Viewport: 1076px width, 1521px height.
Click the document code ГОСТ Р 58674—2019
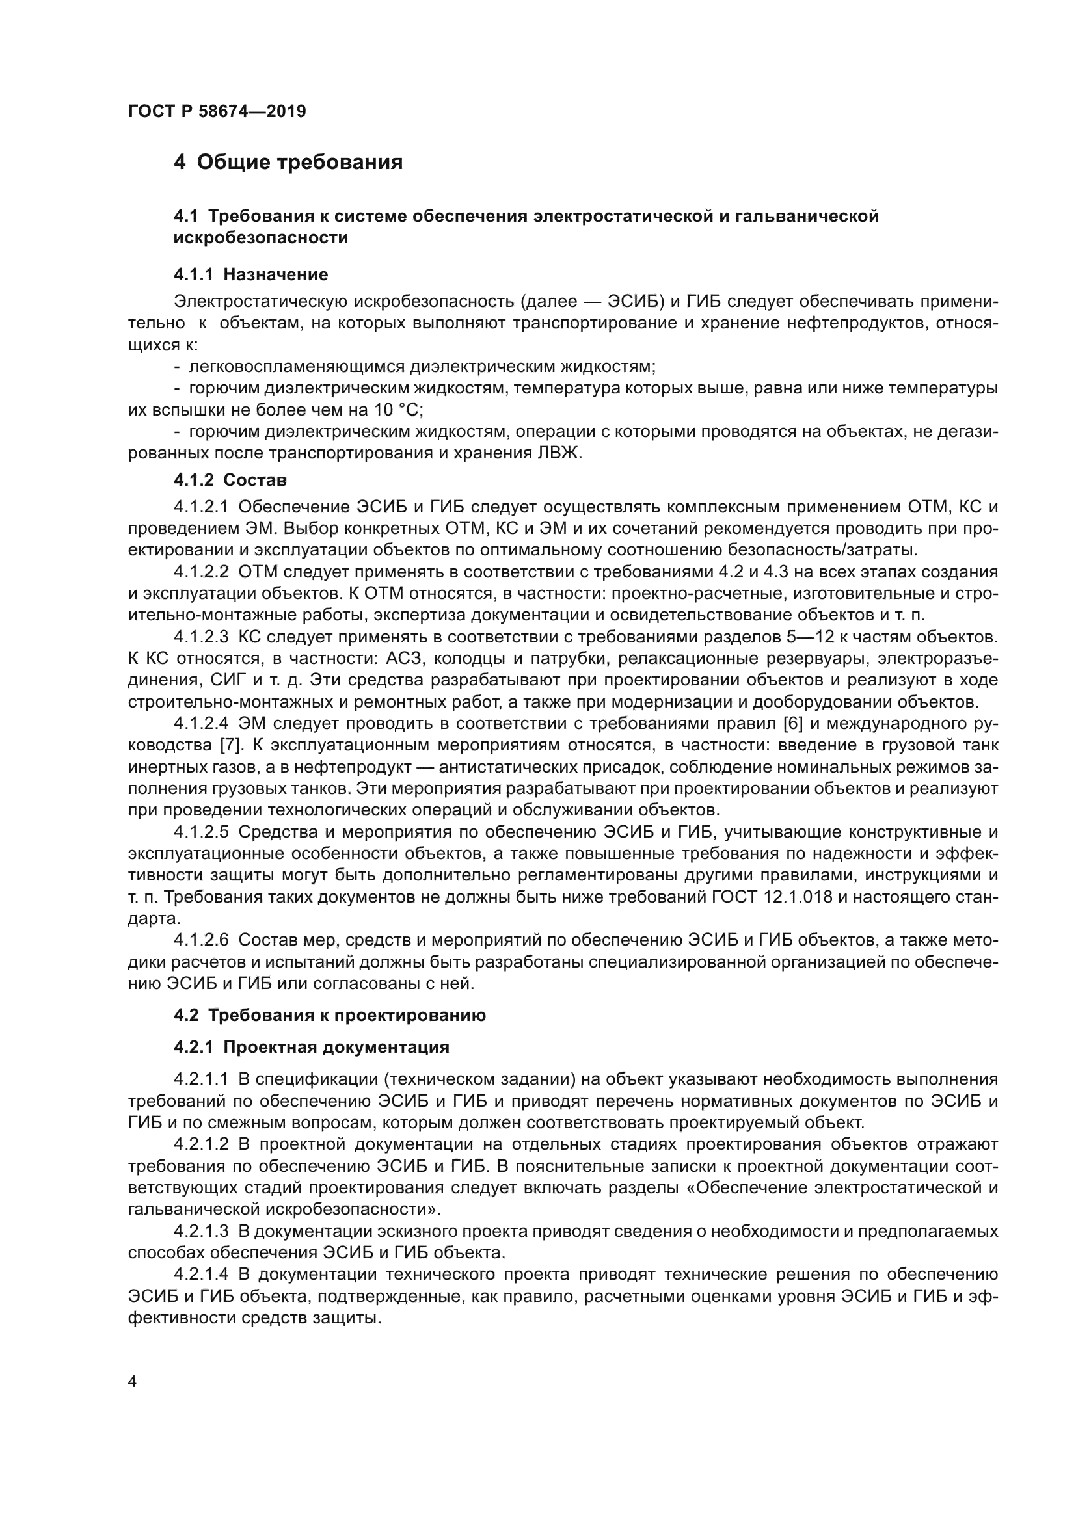coord(217,111)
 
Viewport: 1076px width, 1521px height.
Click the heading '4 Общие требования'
coord(288,162)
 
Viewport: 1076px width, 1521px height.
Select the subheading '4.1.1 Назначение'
coord(251,274)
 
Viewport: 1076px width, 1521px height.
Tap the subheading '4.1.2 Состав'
coord(230,480)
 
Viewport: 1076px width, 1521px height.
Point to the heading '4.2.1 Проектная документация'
coord(312,1048)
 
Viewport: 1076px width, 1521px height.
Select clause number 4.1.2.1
coord(201,507)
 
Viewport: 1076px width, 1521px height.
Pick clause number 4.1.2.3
coord(201,637)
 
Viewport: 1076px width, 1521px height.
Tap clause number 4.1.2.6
coord(201,940)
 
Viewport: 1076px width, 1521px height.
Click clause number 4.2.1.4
coord(201,1275)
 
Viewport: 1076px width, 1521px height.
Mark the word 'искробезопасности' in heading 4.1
coord(260,238)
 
